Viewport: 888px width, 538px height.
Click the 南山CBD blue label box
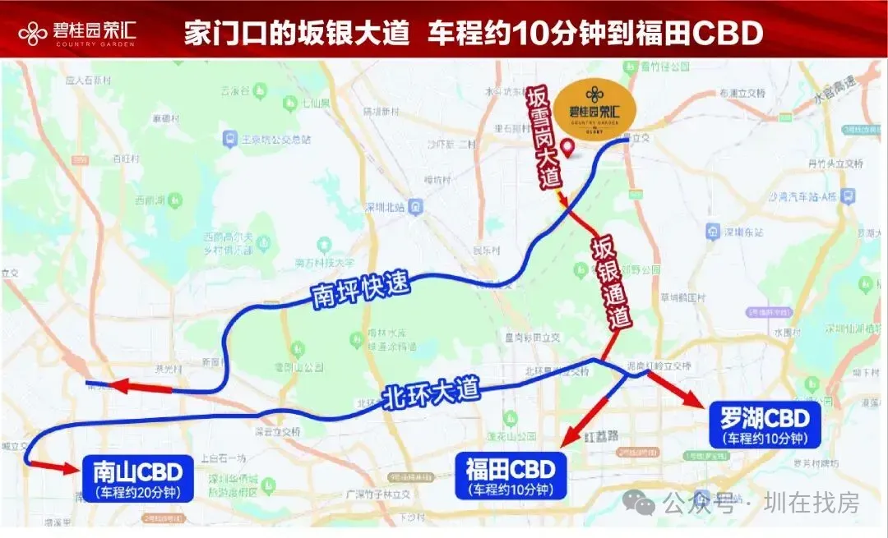[137, 479]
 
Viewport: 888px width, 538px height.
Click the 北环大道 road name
[431, 397]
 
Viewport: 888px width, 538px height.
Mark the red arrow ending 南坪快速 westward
[136, 385]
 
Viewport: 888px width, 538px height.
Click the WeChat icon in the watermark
[639, 502]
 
